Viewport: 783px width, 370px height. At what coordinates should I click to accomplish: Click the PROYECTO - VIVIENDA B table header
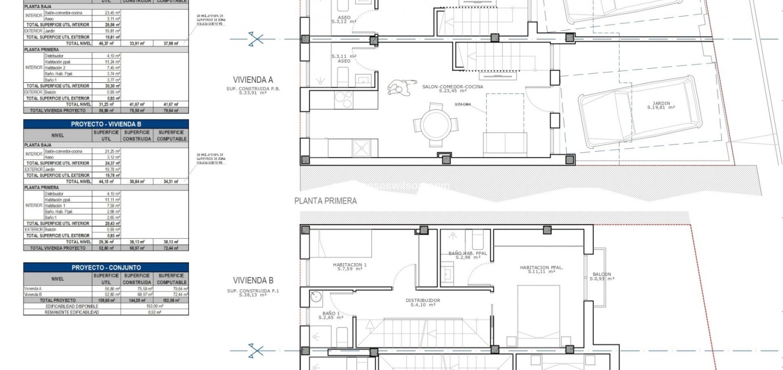(106, 124)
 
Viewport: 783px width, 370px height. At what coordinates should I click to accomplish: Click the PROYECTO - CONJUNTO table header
(106, 268)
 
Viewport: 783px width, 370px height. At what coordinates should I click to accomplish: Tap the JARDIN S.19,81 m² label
(661, 105)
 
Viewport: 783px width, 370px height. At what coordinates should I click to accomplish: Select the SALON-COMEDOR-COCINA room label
(452, 89)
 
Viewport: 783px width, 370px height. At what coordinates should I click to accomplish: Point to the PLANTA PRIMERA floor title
(326, 201)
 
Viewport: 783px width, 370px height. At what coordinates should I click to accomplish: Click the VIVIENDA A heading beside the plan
(253, 80)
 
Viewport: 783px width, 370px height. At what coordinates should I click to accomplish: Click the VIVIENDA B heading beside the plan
(253, 280)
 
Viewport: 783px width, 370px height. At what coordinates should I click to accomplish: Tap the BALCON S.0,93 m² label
(601, 277)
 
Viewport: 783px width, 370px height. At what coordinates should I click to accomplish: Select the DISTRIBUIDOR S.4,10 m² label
(423, 303)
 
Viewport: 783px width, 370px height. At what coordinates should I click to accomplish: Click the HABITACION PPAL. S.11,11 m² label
(541, 269)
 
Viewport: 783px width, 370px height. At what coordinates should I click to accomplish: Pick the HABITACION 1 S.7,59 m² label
(349, 267)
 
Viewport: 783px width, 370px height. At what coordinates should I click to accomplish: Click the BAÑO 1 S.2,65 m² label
(332, 315)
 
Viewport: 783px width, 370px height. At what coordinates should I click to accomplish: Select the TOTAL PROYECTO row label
(57, 301)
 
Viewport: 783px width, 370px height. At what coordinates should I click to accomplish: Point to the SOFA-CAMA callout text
(463, 103)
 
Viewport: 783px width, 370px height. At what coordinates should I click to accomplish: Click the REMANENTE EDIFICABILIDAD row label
(72, 312)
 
